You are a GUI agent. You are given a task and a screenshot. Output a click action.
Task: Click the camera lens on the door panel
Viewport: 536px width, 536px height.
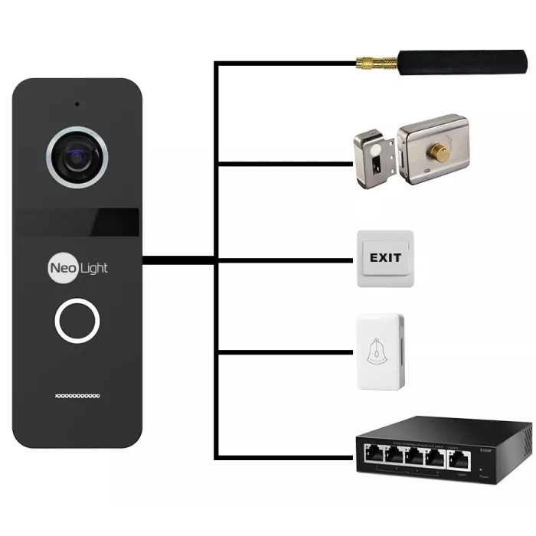click(x=76, y=157)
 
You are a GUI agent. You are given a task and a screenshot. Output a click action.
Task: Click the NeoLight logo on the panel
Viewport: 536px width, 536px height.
click(x=77, y=267)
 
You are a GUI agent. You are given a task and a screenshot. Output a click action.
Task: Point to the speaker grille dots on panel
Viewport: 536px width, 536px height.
click(x=77, y=396)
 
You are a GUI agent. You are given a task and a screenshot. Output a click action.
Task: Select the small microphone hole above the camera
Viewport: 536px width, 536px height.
click(x=77, y=103)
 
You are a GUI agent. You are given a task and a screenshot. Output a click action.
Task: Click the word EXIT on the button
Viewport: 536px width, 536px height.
click(x=385, y=257)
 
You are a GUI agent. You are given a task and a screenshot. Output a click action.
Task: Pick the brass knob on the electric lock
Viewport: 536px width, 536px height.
click(x=441, y=151)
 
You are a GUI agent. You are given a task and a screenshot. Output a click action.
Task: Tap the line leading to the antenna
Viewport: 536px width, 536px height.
click(x=283, y=64)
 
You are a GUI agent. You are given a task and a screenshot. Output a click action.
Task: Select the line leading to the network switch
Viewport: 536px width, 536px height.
click(x=283, y=457)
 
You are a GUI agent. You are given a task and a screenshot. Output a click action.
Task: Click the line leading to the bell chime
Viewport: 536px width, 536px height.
click(x=283, y=353)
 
